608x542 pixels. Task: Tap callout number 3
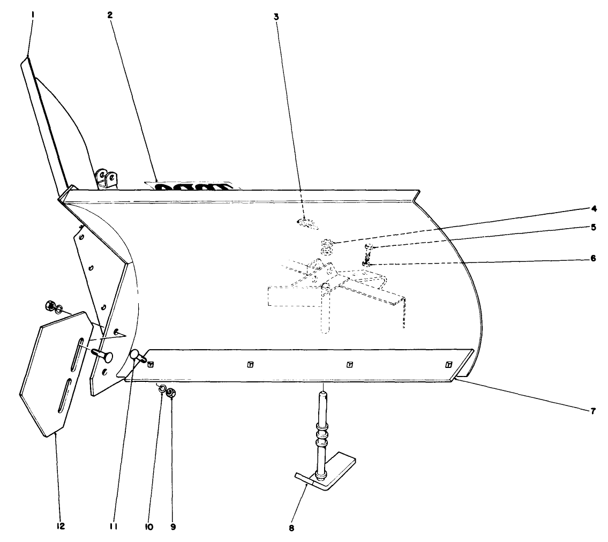[x=276, y=17]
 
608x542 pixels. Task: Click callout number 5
[x=594, y=227]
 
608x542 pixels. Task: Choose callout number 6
[x=594, y=258]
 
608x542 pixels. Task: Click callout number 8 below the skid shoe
[x=291, y=528]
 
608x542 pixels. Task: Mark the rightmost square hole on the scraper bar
[x=449, y=365]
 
